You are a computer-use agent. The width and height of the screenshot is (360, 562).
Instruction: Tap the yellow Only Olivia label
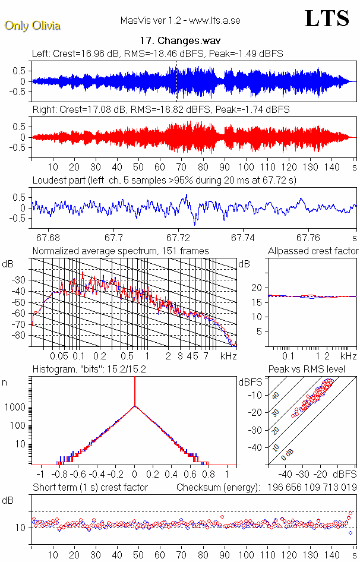(32, 26)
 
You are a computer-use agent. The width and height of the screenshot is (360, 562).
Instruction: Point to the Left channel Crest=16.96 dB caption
(157, 53)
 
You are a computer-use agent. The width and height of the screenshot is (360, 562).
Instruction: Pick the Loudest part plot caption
(164, 180)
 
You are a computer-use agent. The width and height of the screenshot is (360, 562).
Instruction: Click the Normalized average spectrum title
(121, 251)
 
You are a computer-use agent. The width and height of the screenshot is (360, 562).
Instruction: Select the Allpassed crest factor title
(313, 251)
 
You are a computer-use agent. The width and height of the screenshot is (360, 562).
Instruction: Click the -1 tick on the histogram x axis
(40, 475)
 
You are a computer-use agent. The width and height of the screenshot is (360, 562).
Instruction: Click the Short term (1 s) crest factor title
(90, 487)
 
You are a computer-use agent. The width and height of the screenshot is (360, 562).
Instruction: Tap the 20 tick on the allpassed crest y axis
(257, 288)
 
